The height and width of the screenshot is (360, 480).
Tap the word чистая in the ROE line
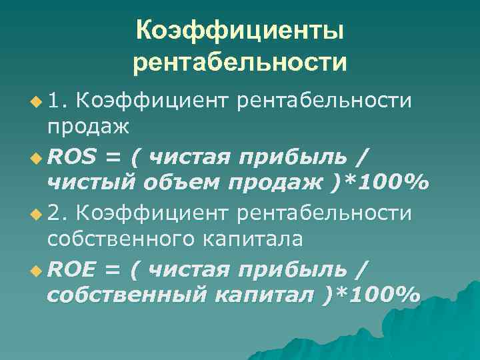[x=189, y=269]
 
